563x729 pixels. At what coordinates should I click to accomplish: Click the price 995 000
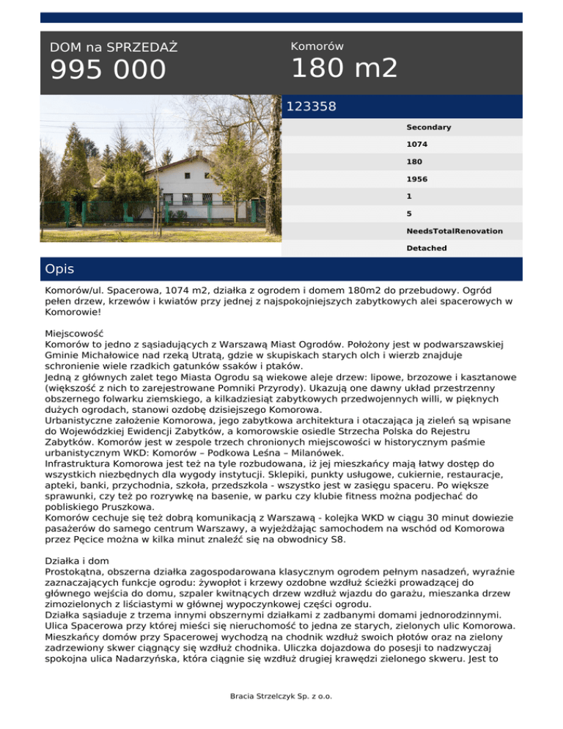coord(108,70)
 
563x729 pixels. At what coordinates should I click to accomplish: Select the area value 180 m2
coord(345,69)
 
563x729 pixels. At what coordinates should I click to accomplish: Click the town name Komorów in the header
coord(317,46)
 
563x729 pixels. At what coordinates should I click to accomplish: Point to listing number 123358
coord(312,107)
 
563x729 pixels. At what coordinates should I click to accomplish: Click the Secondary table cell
coord(429,128)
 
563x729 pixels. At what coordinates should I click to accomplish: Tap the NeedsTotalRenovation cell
coord(455,231)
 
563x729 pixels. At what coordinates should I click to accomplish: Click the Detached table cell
coord(427,249)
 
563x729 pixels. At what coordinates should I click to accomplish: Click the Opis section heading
coord(59,269)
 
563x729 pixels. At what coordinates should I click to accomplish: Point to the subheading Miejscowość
coord(74,332)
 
